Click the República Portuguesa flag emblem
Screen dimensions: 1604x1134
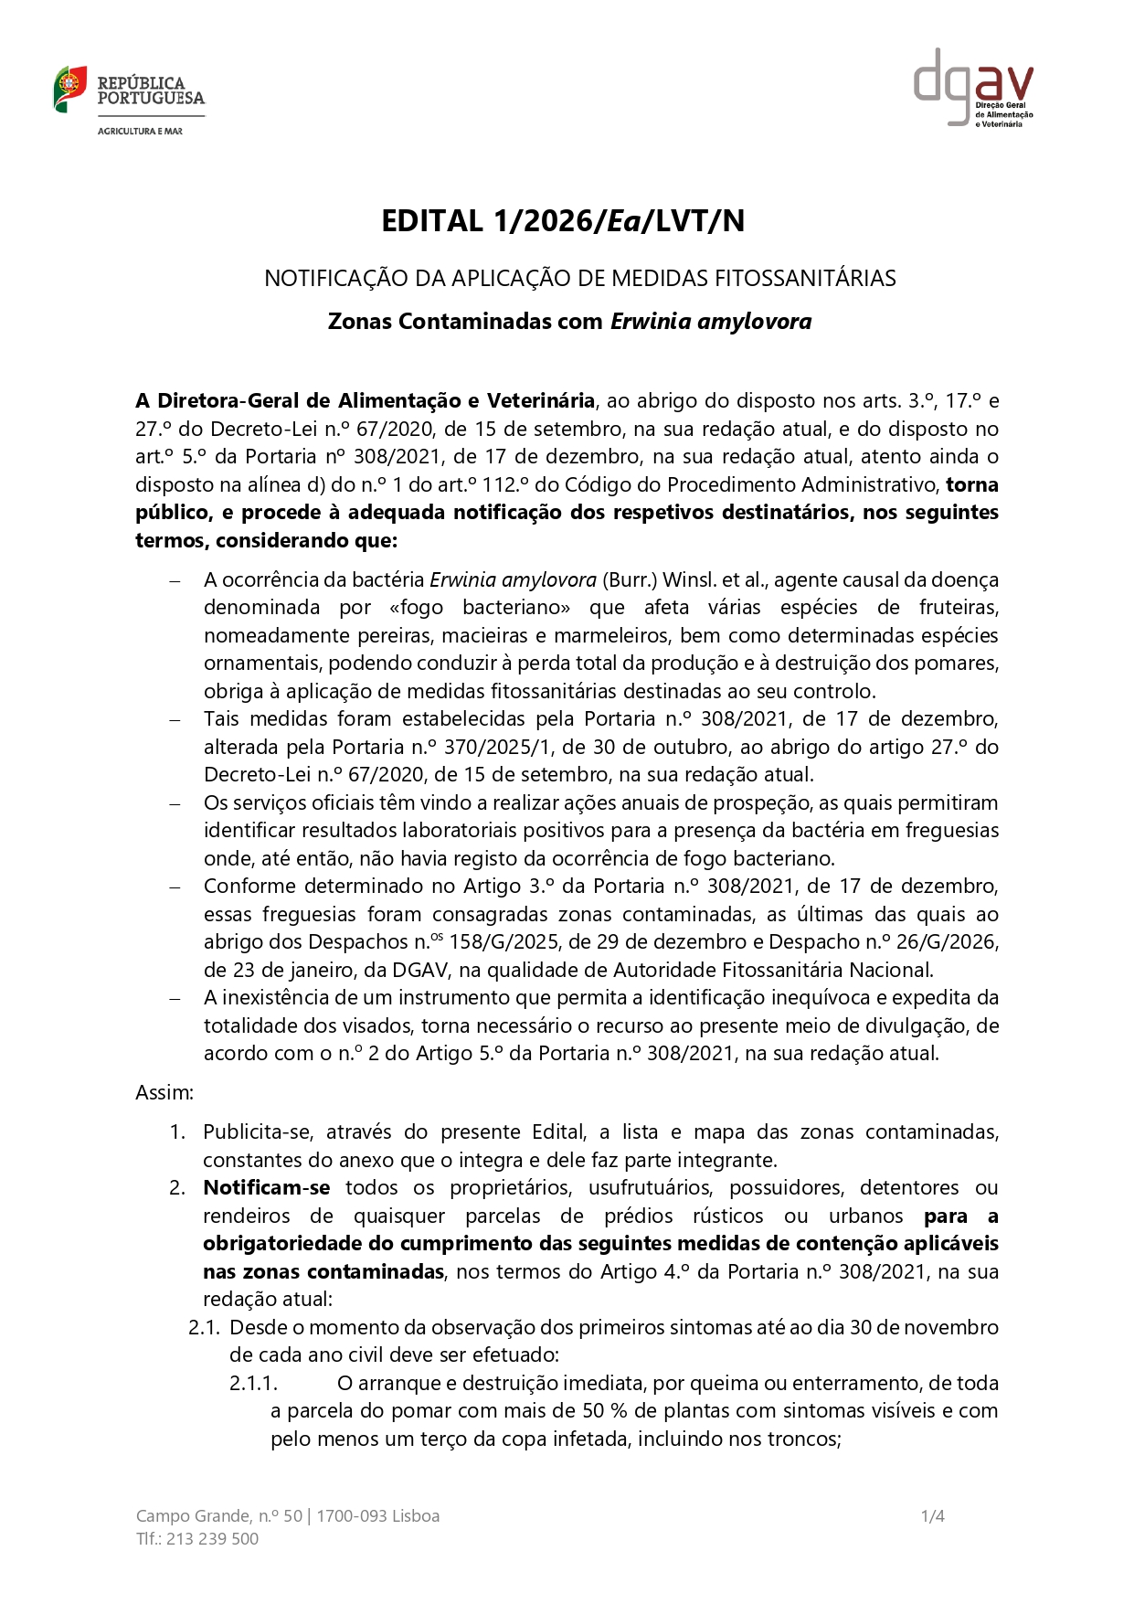pyautogui.click(x=69, y=89)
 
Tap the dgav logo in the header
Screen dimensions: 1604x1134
pyautogui.click(x=973, y=88)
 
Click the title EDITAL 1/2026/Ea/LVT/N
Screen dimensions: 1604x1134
pyautogui.click(x=563, y=221)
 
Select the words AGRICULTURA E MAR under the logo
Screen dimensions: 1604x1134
pyautogui.click(x=140, y=132)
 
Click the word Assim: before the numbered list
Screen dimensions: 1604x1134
pyautogui.click(x=164, y=1093)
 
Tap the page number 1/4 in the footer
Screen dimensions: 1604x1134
pyautogui.click(x=932, y=1516)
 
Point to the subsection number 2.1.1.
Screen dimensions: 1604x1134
pyautogui.click(x=253, y=1384)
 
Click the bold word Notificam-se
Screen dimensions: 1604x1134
pyautogui.click(x=267, y=1188)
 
